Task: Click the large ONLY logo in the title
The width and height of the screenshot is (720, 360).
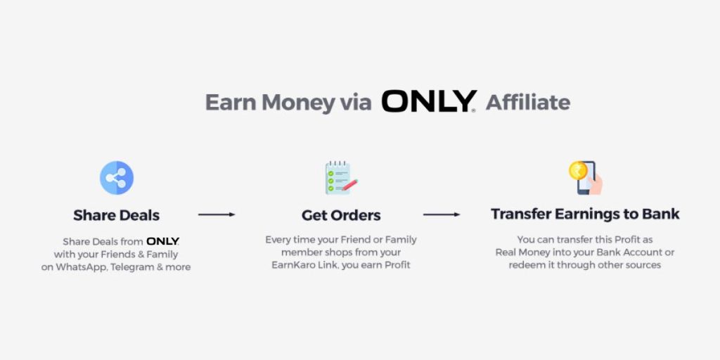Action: pyautogui.click(x=428, y=101)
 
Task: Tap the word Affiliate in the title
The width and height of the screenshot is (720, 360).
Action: pyautogui.click(x=528, y=102)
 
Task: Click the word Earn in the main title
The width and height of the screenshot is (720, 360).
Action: pyautogui.click(x=230, y=103)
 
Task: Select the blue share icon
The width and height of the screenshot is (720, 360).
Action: pyautogui.click(x=117, y=178)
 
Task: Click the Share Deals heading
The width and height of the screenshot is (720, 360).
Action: pyautogui.click(x=117, y=215)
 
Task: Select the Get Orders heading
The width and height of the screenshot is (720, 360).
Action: pyautogui.click(x=341, y=215)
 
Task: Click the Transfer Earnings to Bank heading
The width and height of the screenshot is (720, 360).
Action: pyautogui.click(x=585, y=214)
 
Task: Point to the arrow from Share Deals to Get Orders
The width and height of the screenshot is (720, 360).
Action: pyautogui.click(x=217, y=214)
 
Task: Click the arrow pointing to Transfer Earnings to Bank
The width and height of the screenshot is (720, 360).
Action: pyautogui.click(x=442, y=214)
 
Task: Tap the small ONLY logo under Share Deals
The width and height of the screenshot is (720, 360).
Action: pyautogui.click(x=163, y=242)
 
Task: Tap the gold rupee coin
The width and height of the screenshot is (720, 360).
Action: pyautogui.click(x=578, y=170)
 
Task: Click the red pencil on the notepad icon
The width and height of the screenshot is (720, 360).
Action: pyautogui.click(x=350, y=185)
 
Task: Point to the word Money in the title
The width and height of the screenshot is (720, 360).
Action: pyautogui.click(x=298, y=103)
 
